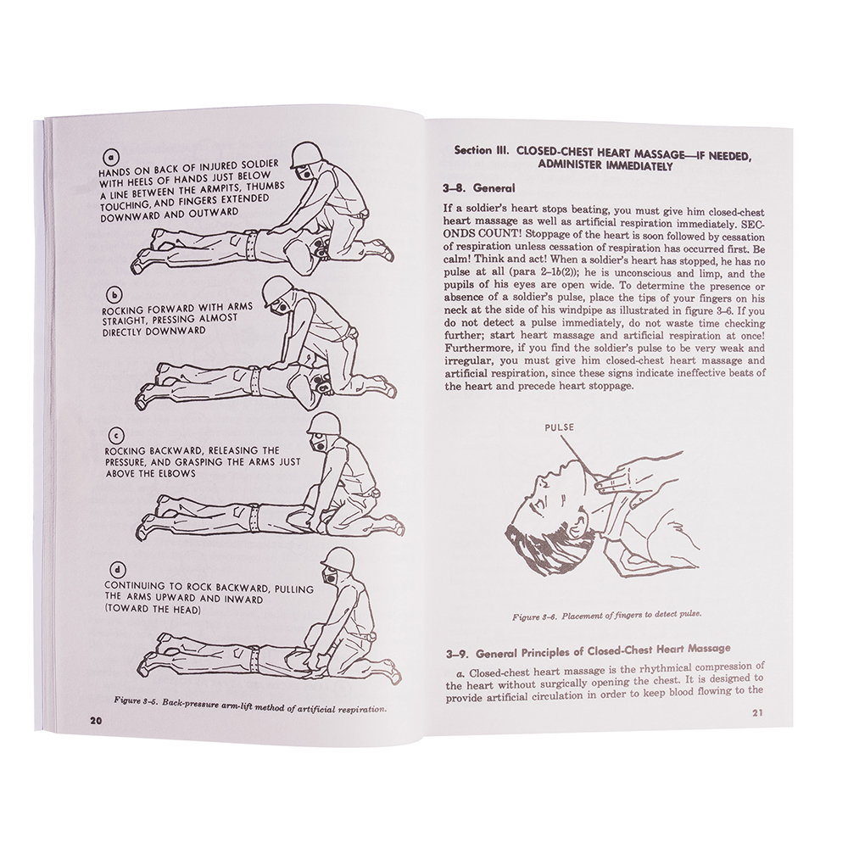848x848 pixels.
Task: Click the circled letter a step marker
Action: tap(110, 157)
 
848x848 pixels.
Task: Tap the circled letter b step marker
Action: tap(114, 295)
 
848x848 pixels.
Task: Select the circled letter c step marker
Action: tap(117, 436)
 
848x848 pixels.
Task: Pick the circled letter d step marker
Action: tap(117, 570)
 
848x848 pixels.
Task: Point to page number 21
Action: tap(757, 713)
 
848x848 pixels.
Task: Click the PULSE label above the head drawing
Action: tap(559, 427)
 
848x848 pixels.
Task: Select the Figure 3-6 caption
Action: tap(607, 616)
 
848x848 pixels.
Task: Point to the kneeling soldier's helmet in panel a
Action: tap(304, 156)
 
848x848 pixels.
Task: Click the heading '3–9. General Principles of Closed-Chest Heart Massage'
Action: tap(589, 651)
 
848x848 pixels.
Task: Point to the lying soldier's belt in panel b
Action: tap(253, 376)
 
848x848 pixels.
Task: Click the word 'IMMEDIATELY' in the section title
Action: tap(639, 166)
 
